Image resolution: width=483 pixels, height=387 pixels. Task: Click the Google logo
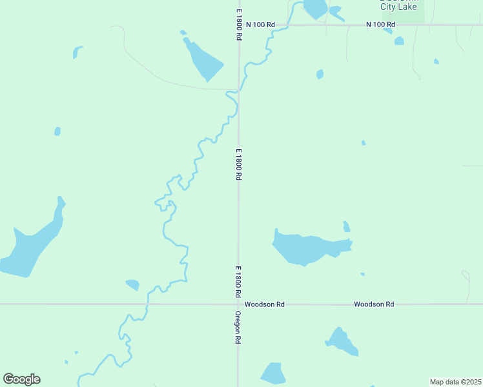[21, 379]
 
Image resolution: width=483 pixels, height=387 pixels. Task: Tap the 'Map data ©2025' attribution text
[455, 382]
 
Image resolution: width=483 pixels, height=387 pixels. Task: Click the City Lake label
[398, 6]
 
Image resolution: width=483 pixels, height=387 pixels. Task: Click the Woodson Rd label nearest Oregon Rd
[263, 304]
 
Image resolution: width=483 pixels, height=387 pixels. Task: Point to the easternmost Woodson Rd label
[374, 304]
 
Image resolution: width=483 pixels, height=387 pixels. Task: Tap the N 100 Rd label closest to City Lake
[380, 25]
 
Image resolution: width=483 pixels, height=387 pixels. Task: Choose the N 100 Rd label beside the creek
[260, 25]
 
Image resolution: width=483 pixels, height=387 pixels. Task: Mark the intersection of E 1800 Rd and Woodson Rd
[238, 304]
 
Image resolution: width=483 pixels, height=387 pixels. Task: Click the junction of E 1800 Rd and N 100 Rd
[239, 25]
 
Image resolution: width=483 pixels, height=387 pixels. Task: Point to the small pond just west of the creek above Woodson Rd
[133, 284]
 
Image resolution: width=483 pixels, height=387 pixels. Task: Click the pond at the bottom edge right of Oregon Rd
[274, 373]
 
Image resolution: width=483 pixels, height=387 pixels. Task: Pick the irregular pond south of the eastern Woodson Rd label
[341, 341]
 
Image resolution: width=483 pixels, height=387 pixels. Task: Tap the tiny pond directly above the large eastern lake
[347, 226]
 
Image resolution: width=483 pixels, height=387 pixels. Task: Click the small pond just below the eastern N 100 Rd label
[399, 41]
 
